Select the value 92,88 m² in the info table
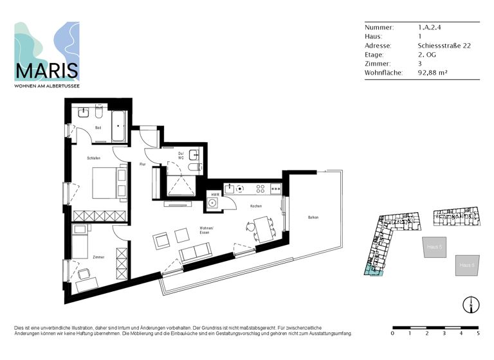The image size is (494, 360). pyautogui.click(x=432, y=73)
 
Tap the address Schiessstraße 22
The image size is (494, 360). pyautogui.click(x=444, y=46)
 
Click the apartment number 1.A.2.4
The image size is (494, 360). pyautogui.click(x=429, y=28)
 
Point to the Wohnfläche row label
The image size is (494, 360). pyautogui.click(x=383, y=73)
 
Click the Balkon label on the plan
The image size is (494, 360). pyautogui.click(x=313, y=217)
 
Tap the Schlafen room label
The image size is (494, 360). pyautogui.click(x=94, y=158)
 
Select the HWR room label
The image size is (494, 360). pyautogui.click(x=215, y=194)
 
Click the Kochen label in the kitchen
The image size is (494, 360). pyautogui.click(x=256, y=206)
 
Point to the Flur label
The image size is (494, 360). pyautogui.click(x=142, y=165)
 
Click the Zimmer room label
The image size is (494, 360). pyautogui.click(x=98, y=256)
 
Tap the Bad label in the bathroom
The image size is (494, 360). pyautogui.click(x=98, y=127)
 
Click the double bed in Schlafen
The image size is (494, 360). pyautogui.click(x=110, y=183)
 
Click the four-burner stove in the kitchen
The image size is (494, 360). pyautogui.click(x=261, y=188)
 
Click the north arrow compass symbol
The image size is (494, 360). pyautogui.click(x=471, y=305)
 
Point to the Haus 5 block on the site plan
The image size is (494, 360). pyautogui.click(x=434, y=246)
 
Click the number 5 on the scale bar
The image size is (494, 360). pyautogui.click(x=478, y=334)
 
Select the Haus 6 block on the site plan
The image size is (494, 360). pyautogui.click(x=467, y=265)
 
